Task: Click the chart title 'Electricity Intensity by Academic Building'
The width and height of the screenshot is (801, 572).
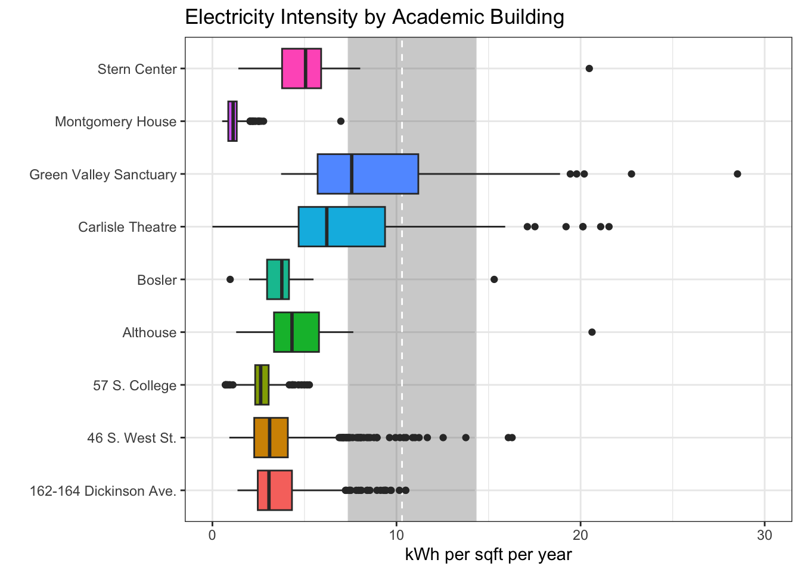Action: (x=374, y=17)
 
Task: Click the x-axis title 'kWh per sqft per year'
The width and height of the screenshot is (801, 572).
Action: (x=488, y=555)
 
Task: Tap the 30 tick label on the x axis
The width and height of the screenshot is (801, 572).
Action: (x=764, y=534)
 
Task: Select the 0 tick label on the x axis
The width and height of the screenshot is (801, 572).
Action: (x=212, y=534)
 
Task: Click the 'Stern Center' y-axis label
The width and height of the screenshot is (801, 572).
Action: (x=137, y=69)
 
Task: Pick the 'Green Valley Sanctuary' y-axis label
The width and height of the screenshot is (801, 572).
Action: (x=103, y=175)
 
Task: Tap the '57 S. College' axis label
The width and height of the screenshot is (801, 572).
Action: (x=135, y=386)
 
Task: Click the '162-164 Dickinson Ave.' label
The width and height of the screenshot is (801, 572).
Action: (x=103, y=491)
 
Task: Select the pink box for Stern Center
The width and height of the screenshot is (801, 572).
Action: (x=302, y=69)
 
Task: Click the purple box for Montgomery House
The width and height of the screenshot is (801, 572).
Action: (x=232, y=121)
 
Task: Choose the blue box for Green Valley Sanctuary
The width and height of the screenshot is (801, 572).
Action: (x=368, y=174)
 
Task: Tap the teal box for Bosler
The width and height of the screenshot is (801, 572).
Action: (x=278, y=279)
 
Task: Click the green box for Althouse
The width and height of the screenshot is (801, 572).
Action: (x=296, y=332)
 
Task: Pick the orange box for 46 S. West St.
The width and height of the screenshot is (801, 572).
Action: (x=271, y=437)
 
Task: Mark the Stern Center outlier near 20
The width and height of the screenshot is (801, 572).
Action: (x=589, y=69)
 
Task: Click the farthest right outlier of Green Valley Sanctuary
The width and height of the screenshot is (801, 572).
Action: (x=737, y=174)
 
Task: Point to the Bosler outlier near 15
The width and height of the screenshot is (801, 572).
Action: (x=493, y=279)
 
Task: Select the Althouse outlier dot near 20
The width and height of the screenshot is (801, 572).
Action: (x=592, y=332)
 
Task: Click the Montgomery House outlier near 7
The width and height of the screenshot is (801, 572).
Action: (x=341, y=121)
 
